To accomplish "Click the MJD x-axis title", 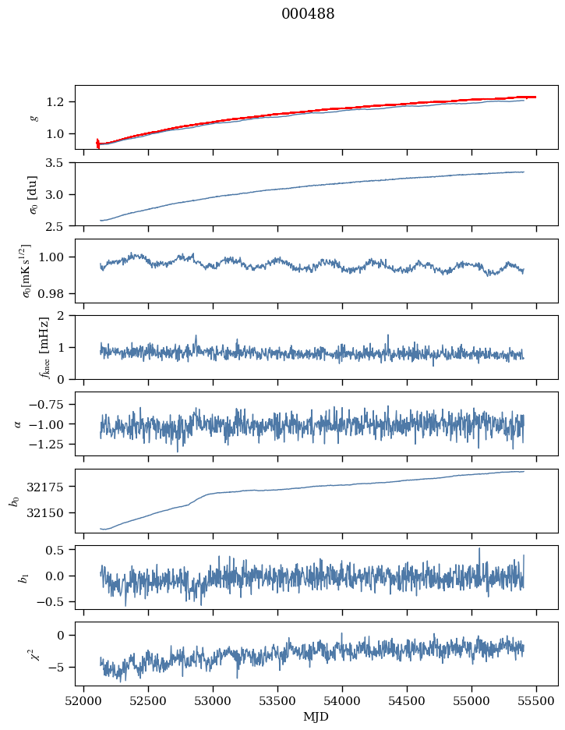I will [x=316, y=717].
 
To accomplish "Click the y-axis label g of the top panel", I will [x=34, y=117].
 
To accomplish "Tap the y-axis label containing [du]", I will [x=34, y=193].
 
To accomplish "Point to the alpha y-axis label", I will [x=19, y=423].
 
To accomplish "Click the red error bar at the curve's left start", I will [x=97, y=143].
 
